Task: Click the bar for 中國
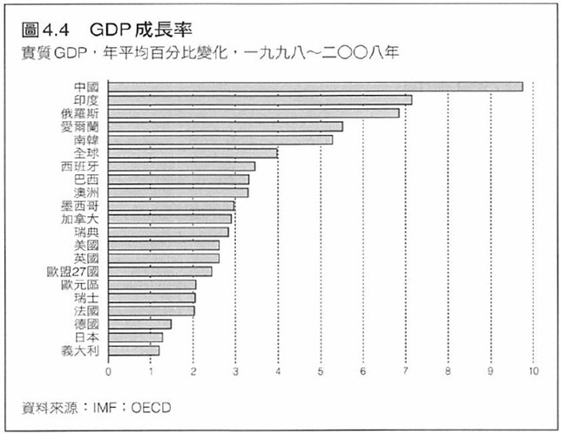pos(315,86)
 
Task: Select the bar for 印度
pos(260,99)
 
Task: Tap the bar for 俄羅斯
pos(253,112)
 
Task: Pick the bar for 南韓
pos(220,139)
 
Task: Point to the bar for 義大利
pos(134,350)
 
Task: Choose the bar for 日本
pos(136,337)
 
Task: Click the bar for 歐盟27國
pos(160,271)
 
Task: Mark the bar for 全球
pos(193,153)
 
